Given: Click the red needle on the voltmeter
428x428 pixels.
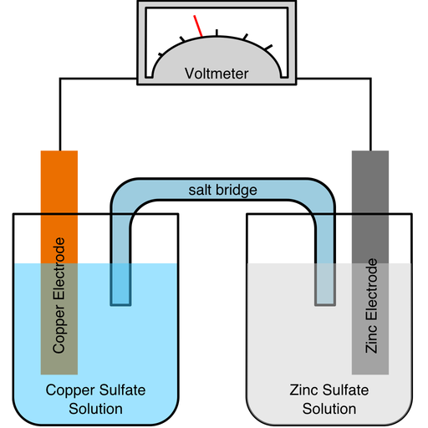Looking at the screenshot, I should pyautogui.click(x=198, y=26).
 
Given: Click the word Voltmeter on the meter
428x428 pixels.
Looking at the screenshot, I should pyautogui.click(x=217, y=74).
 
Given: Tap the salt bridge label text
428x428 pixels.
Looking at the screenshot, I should pyautogui.click(x=222, y=191).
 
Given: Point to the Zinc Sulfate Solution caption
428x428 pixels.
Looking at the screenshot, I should pyautogui.click(x=329, y=399).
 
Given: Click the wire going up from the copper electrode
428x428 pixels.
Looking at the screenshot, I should pyautogui.click(x=59, y=117).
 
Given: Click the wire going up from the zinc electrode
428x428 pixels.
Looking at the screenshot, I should pyautogui.click(x=370, y=117).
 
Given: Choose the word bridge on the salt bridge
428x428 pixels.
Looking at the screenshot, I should pyautogui.click(x=237, y=191).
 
